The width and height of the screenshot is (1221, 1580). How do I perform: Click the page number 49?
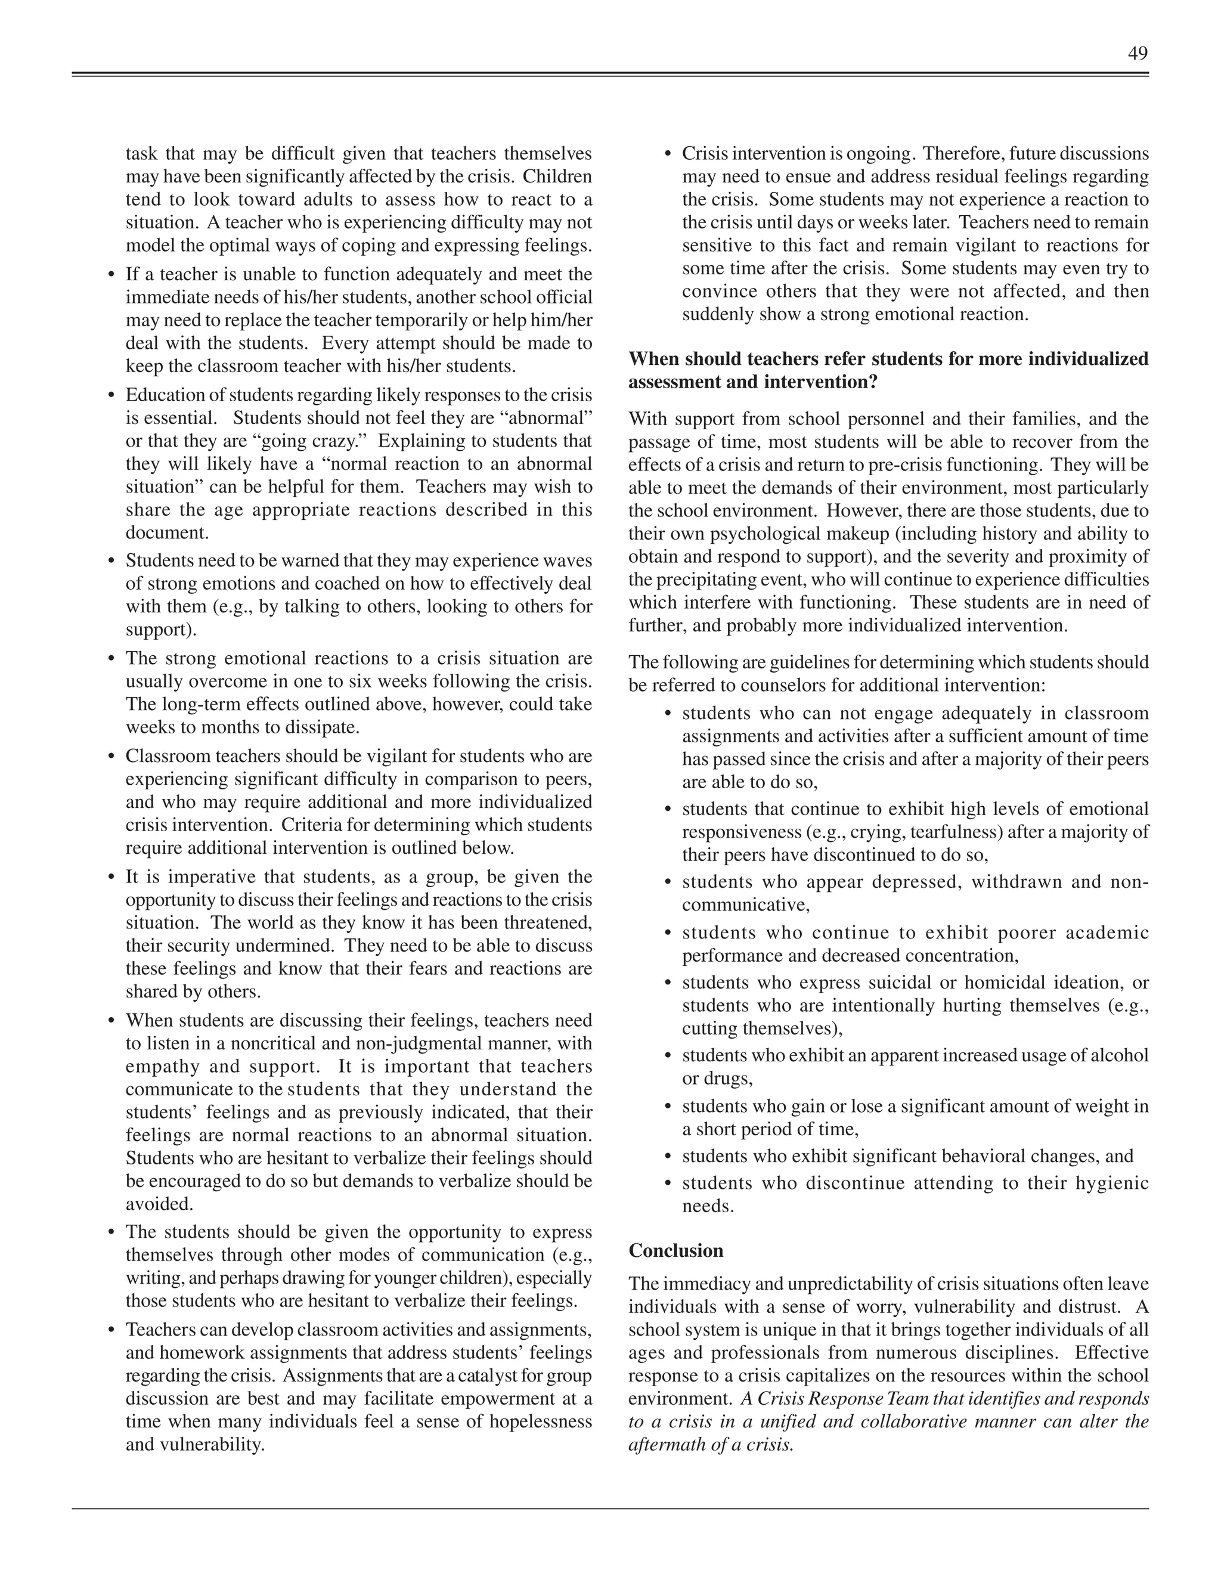1137,54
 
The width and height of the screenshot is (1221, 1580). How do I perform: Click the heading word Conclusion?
675,1251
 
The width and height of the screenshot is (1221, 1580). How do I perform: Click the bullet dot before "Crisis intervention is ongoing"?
667,154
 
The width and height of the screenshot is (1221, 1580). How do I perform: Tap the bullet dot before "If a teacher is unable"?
111,275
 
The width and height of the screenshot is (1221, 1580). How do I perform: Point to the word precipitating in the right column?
712,580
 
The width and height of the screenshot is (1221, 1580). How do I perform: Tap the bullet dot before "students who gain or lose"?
667,1107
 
